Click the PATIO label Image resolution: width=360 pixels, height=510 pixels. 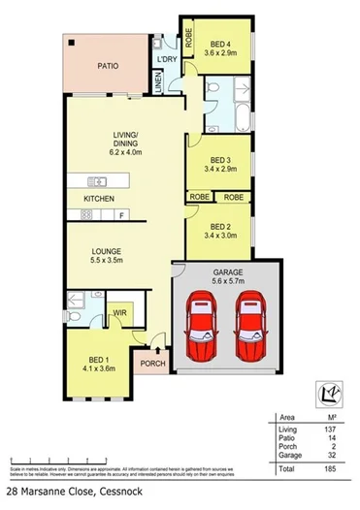[107, 68]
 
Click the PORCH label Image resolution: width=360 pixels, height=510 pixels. [152, 366]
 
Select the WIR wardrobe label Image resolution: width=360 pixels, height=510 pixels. [121, 313]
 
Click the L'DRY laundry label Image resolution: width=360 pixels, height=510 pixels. [167, 61]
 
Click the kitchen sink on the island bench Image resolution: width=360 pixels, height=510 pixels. [98, 179]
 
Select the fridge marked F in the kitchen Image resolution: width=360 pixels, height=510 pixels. [120, 213]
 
